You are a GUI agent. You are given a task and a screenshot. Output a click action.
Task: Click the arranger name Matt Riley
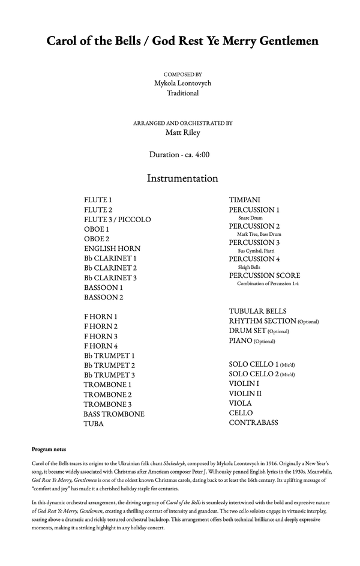pyautogui.click(x=182, y=133)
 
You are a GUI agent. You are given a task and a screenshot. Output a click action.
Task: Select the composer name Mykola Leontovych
pyautogui.click(x=182, y=83)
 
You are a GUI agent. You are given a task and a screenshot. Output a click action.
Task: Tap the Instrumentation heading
pyautogui.click(x=182, y=178)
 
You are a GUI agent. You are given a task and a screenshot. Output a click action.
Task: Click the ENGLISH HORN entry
pyautogui.click(x=112, y=248)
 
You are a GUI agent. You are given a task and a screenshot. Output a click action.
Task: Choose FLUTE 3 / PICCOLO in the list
pyautogui.click(x=118, y=220)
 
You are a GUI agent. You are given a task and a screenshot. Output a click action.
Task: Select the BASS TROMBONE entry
pyautogui.click(x=114, y=414)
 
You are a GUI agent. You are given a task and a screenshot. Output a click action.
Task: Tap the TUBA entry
pyautogui.click(x=94, y=424)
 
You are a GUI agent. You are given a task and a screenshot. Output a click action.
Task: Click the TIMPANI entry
pyautogui.click(x=244, y=200)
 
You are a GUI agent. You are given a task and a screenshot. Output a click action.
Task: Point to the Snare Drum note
pyautogui.click(x=250, y=218)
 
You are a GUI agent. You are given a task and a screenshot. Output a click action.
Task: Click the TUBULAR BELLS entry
pyautogui.click(x=257, y=312)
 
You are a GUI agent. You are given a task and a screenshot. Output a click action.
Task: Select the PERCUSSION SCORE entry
pyautogui.click(x=265, y=275)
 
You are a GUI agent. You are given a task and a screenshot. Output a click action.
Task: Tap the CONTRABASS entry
pyautogui.click(x=253, y=423)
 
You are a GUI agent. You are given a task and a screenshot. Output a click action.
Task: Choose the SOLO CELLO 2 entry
pyautogui.click(x=253, y=374)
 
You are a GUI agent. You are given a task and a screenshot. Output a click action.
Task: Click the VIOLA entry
pyautogui.click(x=240, y=403)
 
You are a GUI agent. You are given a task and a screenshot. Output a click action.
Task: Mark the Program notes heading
pyautogui.click(x=49, y=449)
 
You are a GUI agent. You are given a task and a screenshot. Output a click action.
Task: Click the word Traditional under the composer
pyautogui.click(x=182, y=93)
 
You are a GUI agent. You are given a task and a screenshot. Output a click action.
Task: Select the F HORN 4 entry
pyautogui.click(x=101, y=346)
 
